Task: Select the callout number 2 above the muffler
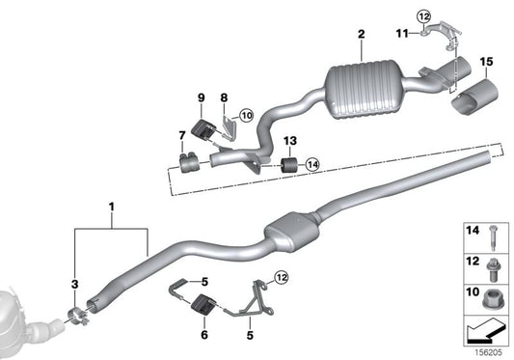click(x=361, y=36)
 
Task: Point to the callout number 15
click(x=485, y=63)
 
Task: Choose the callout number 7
click(x=180, y=134)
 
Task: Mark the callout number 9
click(x=202, y=97)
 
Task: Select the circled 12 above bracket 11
click(x=425, y=14)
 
